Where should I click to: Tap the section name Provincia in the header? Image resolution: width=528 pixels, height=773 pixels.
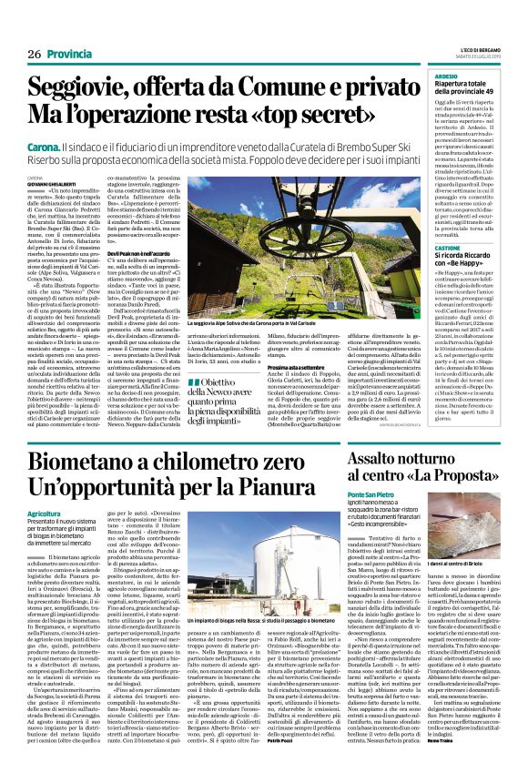pos(71,55)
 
